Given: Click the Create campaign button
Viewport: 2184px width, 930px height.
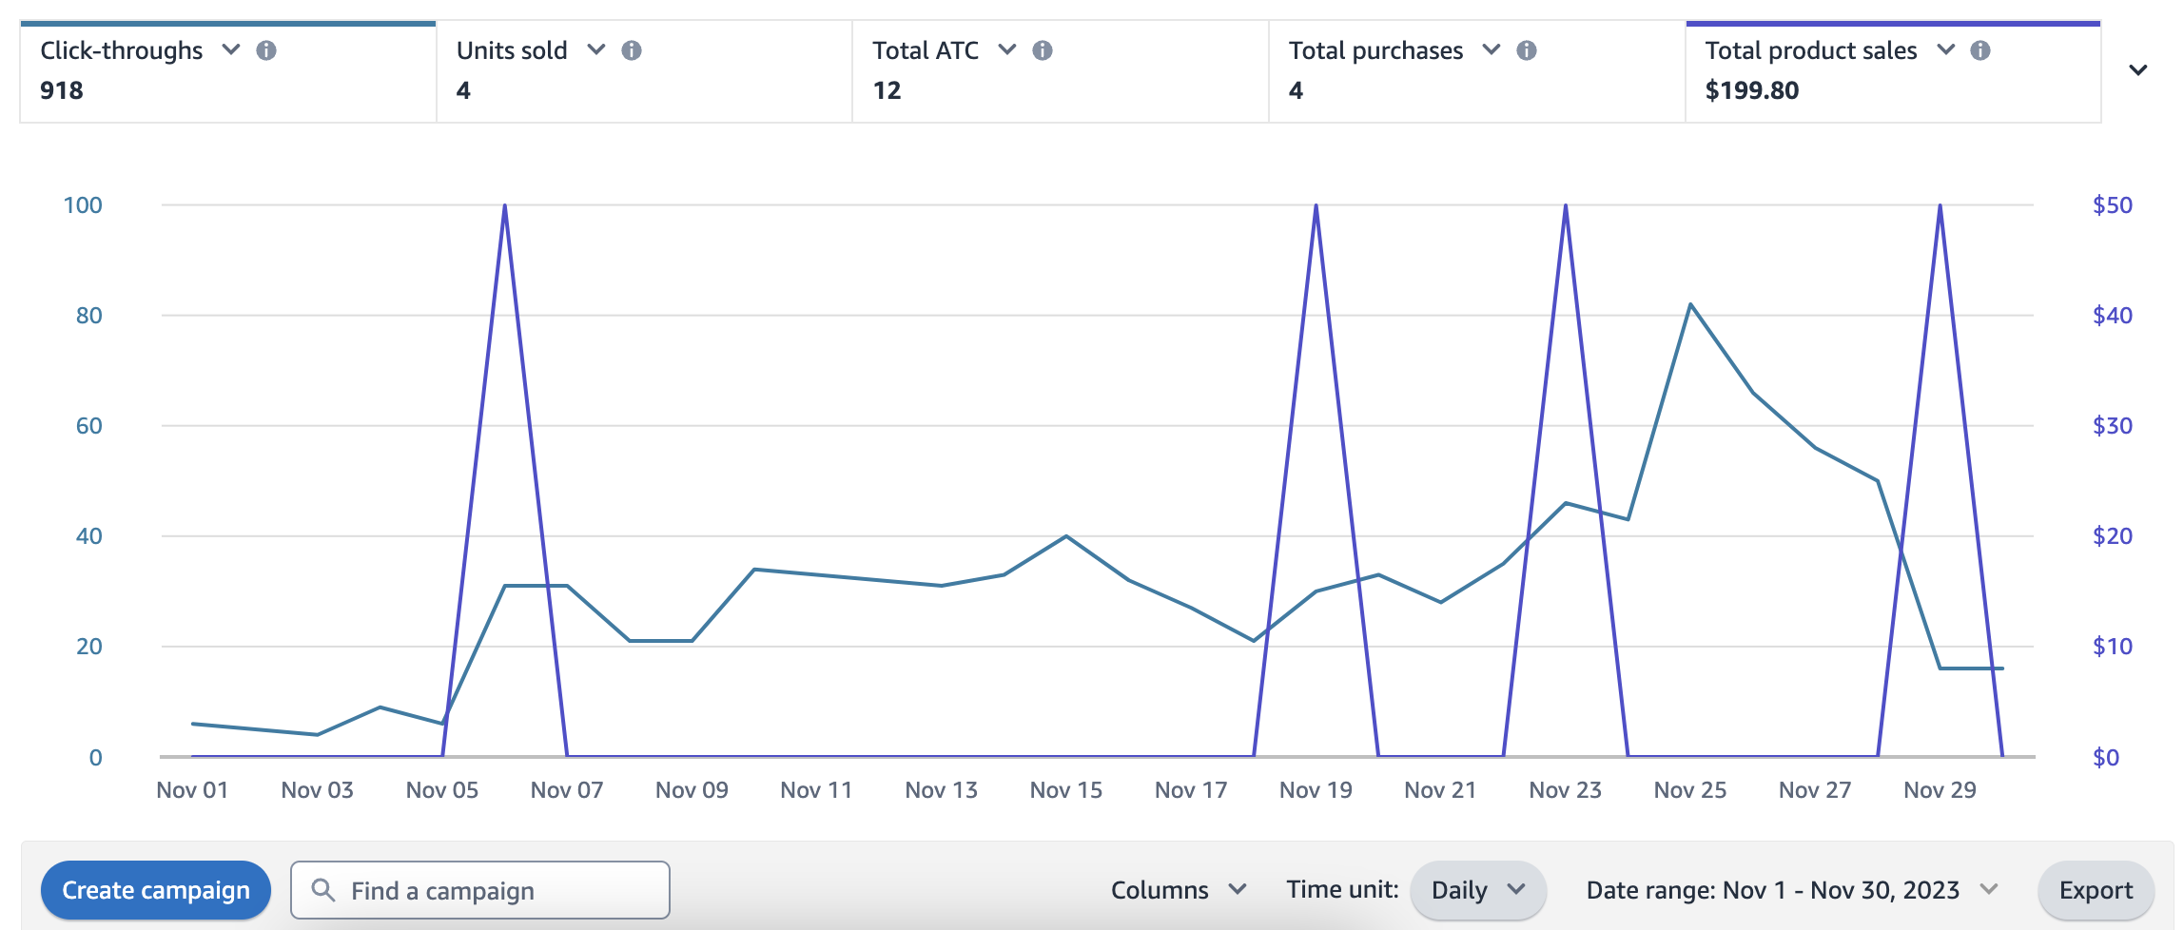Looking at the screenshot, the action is click(156, 890).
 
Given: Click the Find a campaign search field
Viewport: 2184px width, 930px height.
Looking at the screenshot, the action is click(480, 890).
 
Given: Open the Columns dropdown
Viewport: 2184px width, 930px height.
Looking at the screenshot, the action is click(1178, 890).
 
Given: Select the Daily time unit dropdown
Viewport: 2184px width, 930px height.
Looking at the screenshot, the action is click(1477, 890).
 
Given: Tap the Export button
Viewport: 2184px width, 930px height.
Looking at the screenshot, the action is click(2096, 890).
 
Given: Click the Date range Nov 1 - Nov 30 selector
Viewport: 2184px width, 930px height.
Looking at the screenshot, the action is click(1791, 890).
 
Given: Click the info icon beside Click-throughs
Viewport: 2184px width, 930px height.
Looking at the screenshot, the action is click(266, 50).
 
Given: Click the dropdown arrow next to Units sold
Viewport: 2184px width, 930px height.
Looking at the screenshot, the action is click(596, 49).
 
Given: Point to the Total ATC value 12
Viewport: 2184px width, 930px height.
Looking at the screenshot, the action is click(887, 90).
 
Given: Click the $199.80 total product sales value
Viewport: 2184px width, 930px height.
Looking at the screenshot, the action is click(1751, 90).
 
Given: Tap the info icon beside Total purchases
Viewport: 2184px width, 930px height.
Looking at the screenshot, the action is click(1527, 50).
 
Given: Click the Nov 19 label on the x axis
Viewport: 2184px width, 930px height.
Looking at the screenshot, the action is click(1316, 790).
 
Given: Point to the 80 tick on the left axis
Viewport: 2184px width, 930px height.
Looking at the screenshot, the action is click(88, 316).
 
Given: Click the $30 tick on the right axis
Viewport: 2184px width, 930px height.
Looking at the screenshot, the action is click(2112, 426).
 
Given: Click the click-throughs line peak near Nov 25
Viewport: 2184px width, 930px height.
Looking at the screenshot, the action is click(1690, 304).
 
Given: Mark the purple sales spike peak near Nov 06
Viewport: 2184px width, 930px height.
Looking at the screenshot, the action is click(504, 205).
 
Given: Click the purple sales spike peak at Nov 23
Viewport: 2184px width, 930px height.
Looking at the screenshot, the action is click(1566, 205).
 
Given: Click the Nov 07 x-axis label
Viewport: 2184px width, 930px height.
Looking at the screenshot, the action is click(567, 790).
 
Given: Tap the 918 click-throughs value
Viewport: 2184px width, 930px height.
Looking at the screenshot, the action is click(62, 90).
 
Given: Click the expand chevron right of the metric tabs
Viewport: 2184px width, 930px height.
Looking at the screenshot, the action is click(2137, 70).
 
